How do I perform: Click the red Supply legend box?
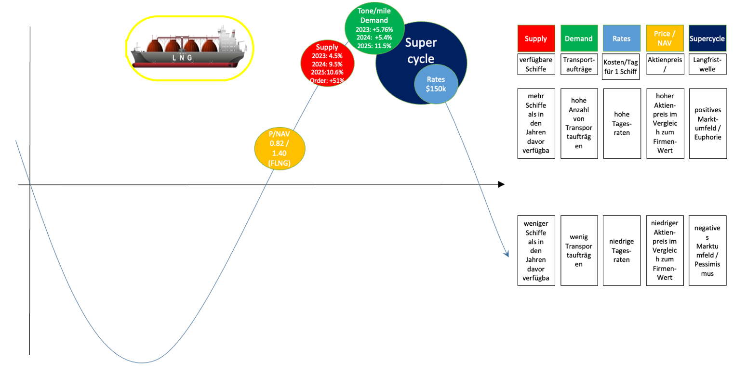[x=535, y=39]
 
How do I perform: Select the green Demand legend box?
[x=579, y=39]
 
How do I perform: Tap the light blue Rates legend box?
[x=621, y=39]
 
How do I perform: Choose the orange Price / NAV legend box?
[x=664, y=39]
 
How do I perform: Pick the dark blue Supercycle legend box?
[x=707, y=39]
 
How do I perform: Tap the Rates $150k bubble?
[x=436, y=84]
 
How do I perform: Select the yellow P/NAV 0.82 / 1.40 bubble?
[x=280, y=149]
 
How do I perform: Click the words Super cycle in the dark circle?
[x=420, y=51]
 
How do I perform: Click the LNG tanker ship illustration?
[x=189, y=48]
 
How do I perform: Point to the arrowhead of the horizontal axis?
[x=501, y=184]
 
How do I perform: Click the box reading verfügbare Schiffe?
[x=535, y=64]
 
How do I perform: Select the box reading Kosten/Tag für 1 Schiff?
[x=621, y=66]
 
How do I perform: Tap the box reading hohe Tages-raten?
[x=621, y=123]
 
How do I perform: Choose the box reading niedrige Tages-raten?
[x=621, y=250]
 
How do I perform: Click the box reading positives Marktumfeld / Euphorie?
[x=707, y=123]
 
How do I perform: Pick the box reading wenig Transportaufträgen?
[x=579, y=250]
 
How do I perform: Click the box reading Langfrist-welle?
[x=707, y=64]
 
